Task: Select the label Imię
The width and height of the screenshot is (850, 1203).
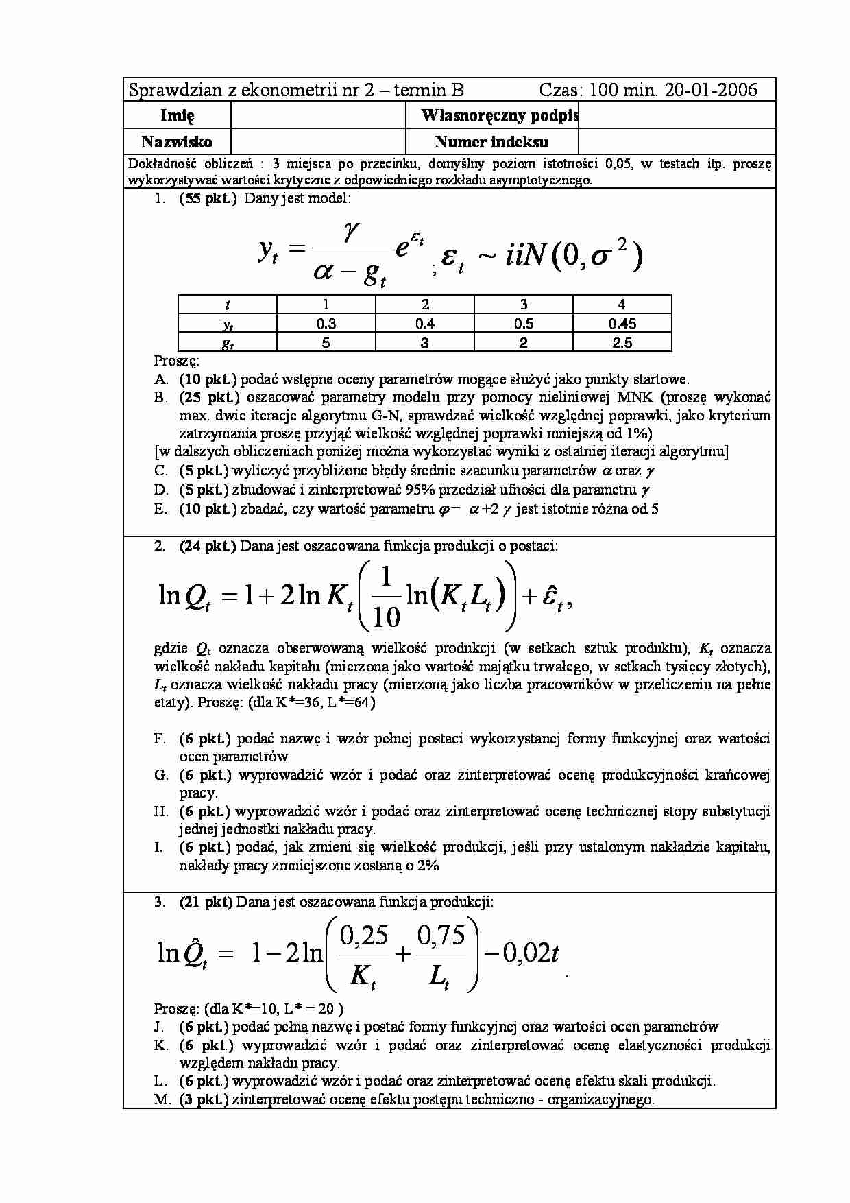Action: (177, 115)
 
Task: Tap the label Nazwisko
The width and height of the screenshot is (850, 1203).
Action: (177, 142)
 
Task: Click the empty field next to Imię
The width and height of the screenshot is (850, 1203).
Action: (319, 115)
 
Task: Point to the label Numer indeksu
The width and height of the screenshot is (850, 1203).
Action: (491, 142)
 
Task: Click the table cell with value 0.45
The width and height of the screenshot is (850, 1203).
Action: (622, 324)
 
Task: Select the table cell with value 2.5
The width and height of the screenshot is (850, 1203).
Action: (622, 343)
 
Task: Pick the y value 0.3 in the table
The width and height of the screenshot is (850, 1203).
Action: (326, 324)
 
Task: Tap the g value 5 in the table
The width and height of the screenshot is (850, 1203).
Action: (326, 343)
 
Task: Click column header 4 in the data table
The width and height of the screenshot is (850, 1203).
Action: (622, 305)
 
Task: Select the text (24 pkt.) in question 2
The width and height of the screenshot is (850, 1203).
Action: (208, 546)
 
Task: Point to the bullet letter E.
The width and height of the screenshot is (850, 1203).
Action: (160, 509)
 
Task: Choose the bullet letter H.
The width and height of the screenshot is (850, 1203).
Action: (160, 812)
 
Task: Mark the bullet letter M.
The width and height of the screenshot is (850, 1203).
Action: (161, 1099)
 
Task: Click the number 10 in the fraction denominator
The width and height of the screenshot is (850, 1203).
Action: (387, 617)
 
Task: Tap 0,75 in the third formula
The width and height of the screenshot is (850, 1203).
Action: (440, 936)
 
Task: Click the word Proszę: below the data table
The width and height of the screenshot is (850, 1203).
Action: (176, 361)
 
